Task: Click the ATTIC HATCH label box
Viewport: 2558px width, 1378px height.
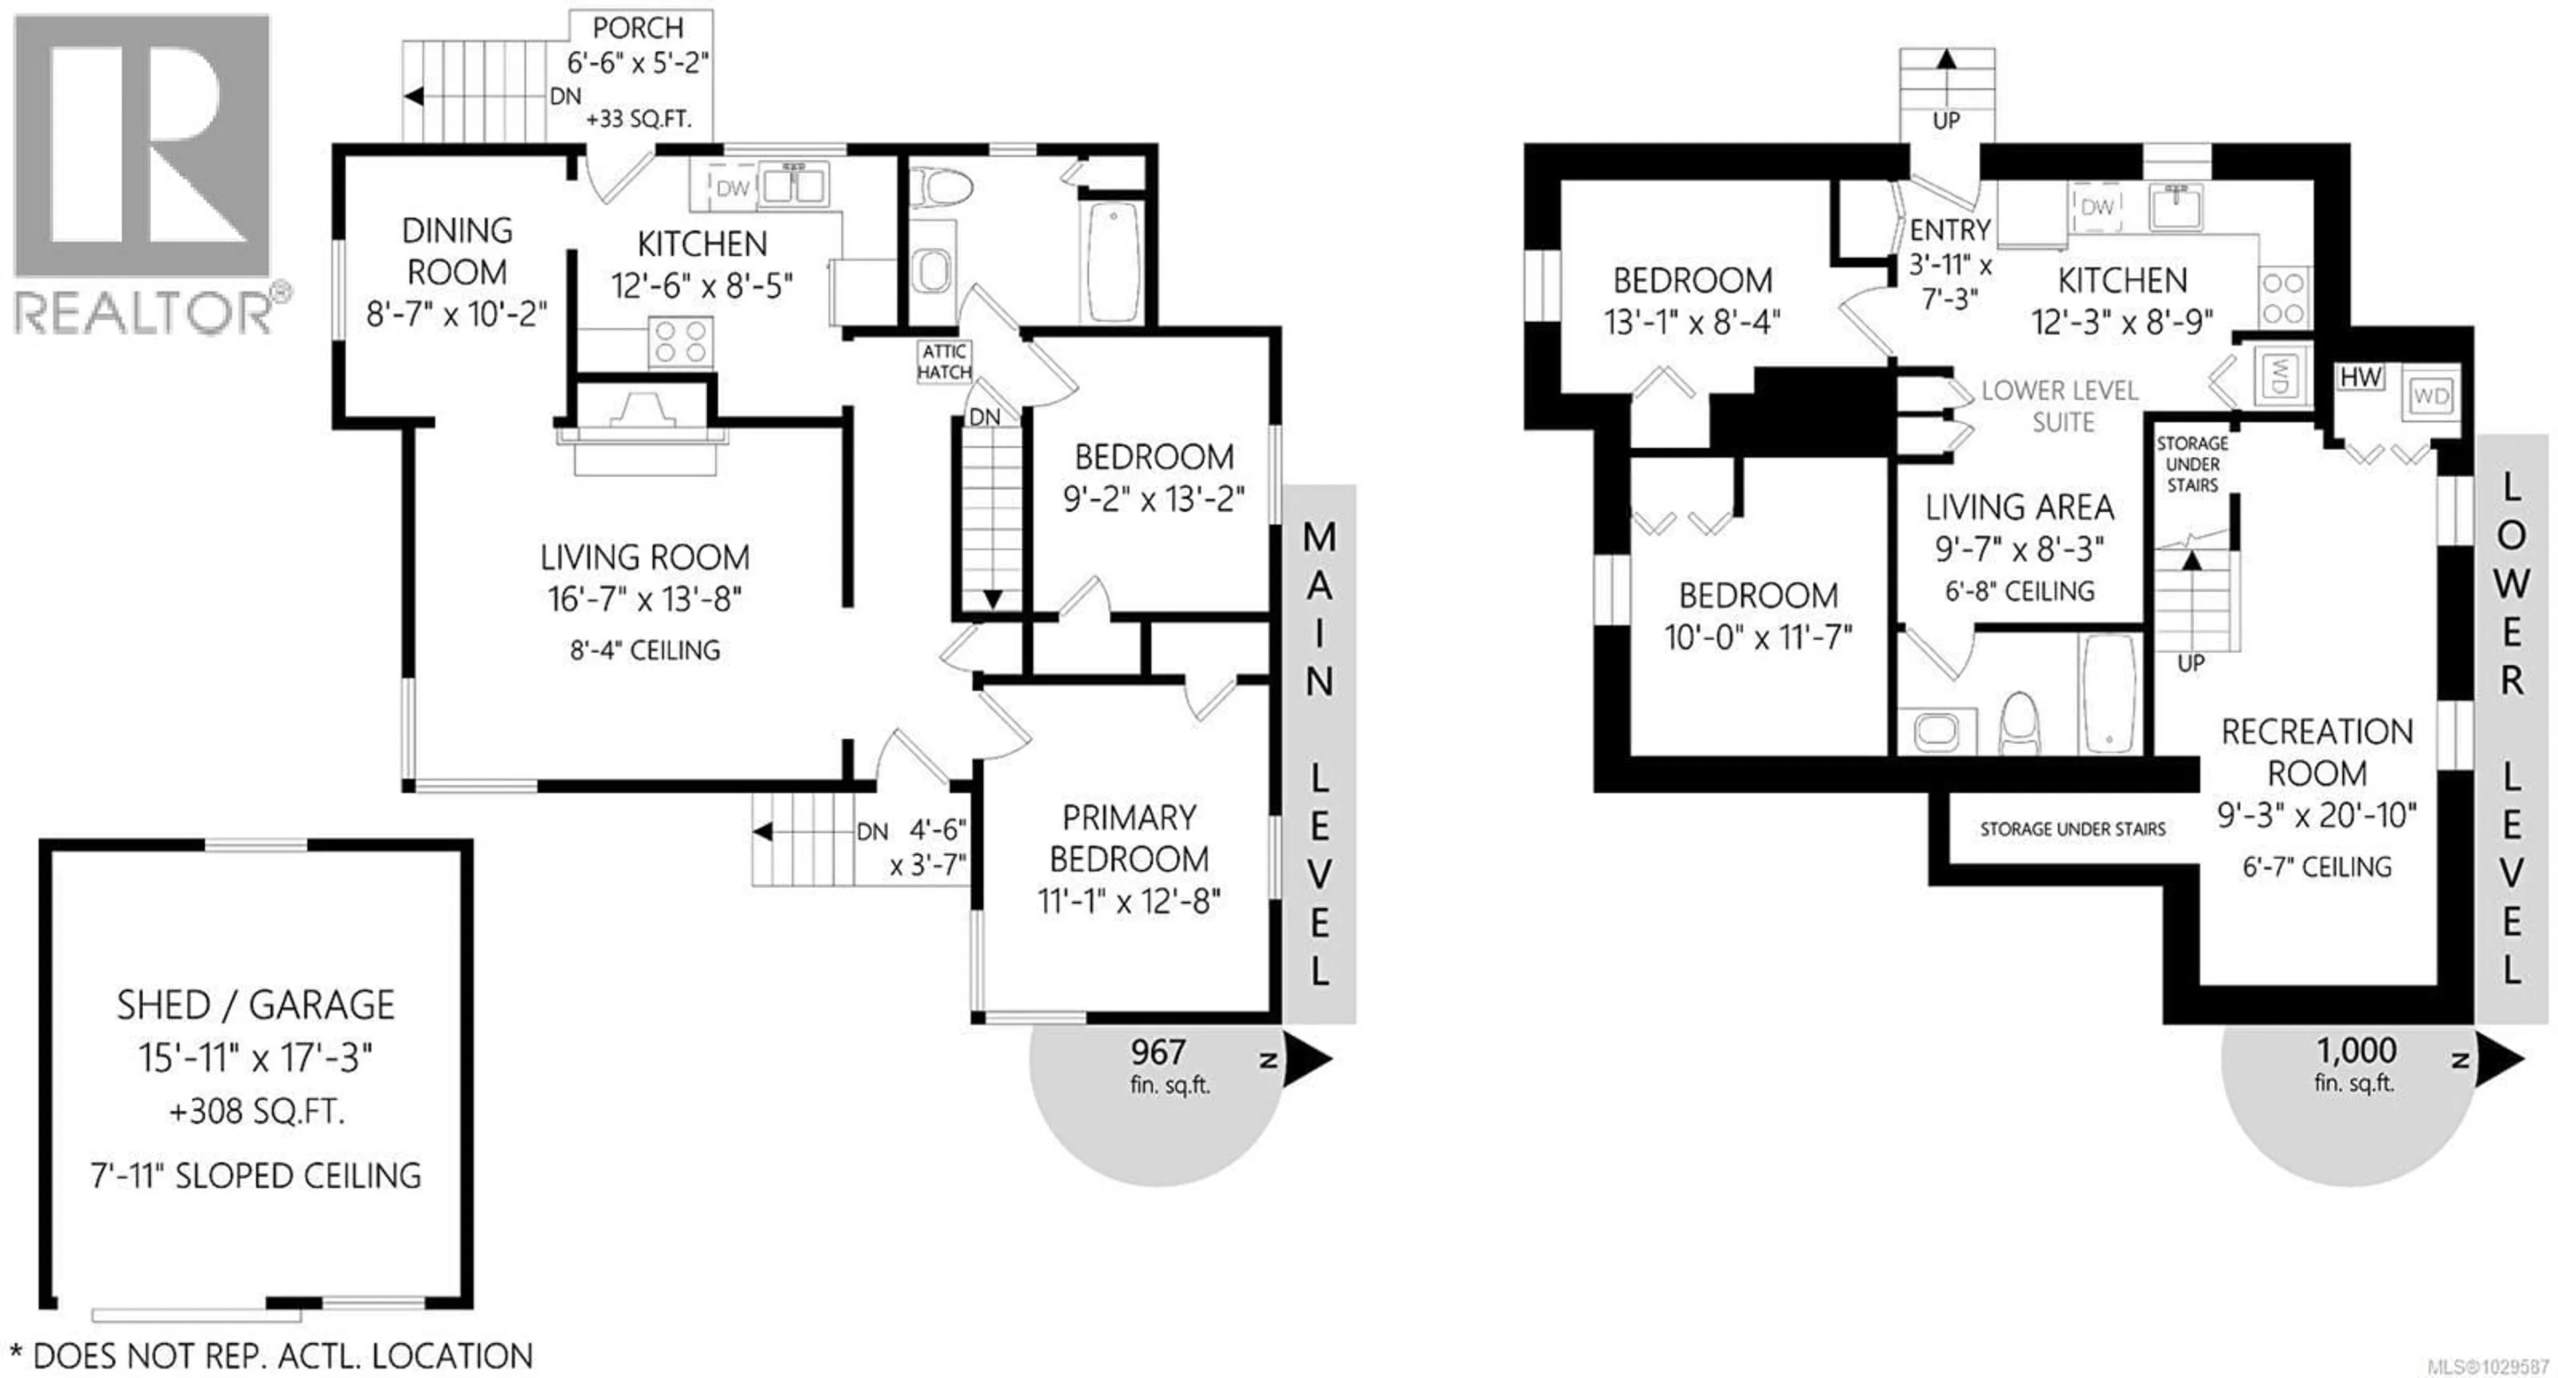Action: [943, 362]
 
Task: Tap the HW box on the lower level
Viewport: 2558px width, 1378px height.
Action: [2359, 377]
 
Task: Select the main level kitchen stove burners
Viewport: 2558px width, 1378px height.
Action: [680, 342]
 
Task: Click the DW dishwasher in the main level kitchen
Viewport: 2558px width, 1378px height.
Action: [732, 188]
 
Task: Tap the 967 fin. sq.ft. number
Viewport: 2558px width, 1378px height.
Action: [1158, 1052]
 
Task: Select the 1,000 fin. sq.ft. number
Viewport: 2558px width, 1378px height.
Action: [2355, 1050]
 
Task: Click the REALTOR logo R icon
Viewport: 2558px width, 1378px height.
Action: [142, 145]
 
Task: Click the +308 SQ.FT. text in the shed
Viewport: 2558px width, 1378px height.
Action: [256, 1111]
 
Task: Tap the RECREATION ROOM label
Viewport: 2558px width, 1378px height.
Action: [2317, 753]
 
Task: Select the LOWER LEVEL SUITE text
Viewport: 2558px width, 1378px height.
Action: [2060, 406]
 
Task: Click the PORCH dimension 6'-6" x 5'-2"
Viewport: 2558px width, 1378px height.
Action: [638, 63]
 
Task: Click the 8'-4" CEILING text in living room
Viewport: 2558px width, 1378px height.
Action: [644, 650]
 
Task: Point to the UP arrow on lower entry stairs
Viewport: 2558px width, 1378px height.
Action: [1946, 61]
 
